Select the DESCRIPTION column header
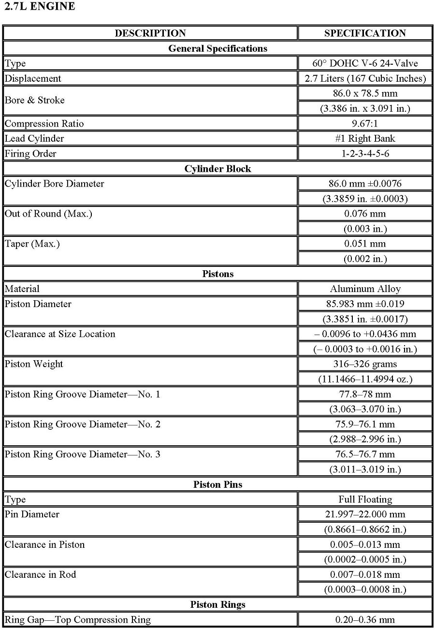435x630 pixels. tap(150, 33)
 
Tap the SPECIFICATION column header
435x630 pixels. tap(365, 33)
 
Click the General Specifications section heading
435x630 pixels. tap(217, 48)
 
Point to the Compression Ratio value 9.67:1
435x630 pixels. tap(365, 123)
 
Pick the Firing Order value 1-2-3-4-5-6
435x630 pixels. tap(365, 153)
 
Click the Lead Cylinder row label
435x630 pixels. tap(34, 139)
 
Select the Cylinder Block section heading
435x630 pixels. tap(217, 169)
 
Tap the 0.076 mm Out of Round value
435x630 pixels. tap(365, 214)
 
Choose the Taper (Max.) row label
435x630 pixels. tap(32, 244)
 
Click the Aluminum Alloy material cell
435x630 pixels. tap(365, 289)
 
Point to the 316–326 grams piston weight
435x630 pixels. tap(365, 364)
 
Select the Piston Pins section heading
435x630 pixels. tap(217, 484)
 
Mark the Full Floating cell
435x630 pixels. tap(365, 499)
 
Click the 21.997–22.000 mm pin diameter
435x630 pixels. tap(365, 514)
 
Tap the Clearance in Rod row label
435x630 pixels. tap(41, 574)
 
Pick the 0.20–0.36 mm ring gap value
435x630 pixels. tap(365, 619)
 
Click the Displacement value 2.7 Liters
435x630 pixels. tap(365, 78)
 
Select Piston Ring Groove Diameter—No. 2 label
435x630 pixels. tap(83, 424)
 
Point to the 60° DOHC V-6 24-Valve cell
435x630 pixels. tap(365, 63)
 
